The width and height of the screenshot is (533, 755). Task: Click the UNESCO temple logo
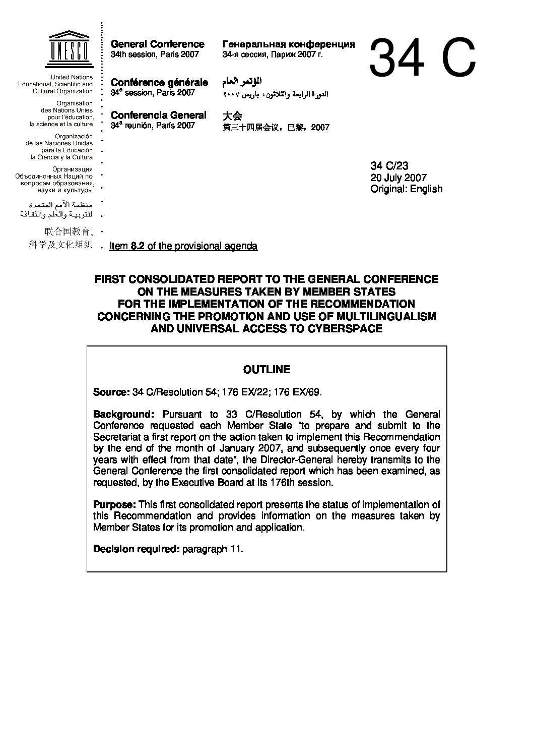[70, 49]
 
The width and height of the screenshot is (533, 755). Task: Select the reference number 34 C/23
[389, 165]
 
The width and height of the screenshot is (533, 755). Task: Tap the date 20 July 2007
[398, 177]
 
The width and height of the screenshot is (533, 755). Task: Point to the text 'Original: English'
[407, 189]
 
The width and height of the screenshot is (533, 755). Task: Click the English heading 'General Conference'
[157, 44]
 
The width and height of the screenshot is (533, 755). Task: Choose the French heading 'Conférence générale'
[159, 82]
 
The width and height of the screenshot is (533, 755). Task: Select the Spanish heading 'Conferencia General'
[158, 115]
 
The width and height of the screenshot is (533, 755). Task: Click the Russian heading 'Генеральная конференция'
[288, 44]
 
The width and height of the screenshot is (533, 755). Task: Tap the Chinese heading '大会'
[232, 115]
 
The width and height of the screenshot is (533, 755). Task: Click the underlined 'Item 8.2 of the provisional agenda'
[183, 246]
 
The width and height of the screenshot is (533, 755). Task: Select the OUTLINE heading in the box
[266, 370]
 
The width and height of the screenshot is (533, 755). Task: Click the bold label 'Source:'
[111, 392]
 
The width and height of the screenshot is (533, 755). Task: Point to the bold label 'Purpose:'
[114, 504]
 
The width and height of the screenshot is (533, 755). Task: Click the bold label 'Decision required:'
[136, 549]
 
